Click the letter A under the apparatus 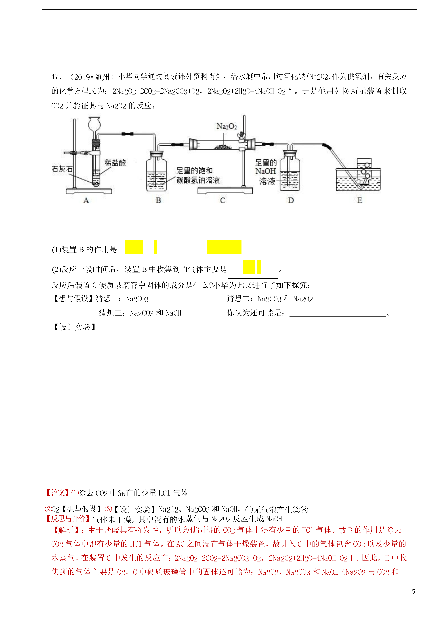pyautogui.click(x=86, y=201)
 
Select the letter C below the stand pyautogui.click(x=223, y=201)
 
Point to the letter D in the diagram pyautogui.click(x=291, y=201)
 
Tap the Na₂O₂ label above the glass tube pyautogui.click(x=227, y=126)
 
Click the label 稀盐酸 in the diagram pyautogui.click(x=115, y=163)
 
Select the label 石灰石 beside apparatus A pyautogui.click(x=62, y=169)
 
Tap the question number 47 pyautogui.click(x=56, y=77)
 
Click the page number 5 pyautogui.click(x=413, y=592)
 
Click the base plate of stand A pyautogui.click(x=89, y=191)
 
